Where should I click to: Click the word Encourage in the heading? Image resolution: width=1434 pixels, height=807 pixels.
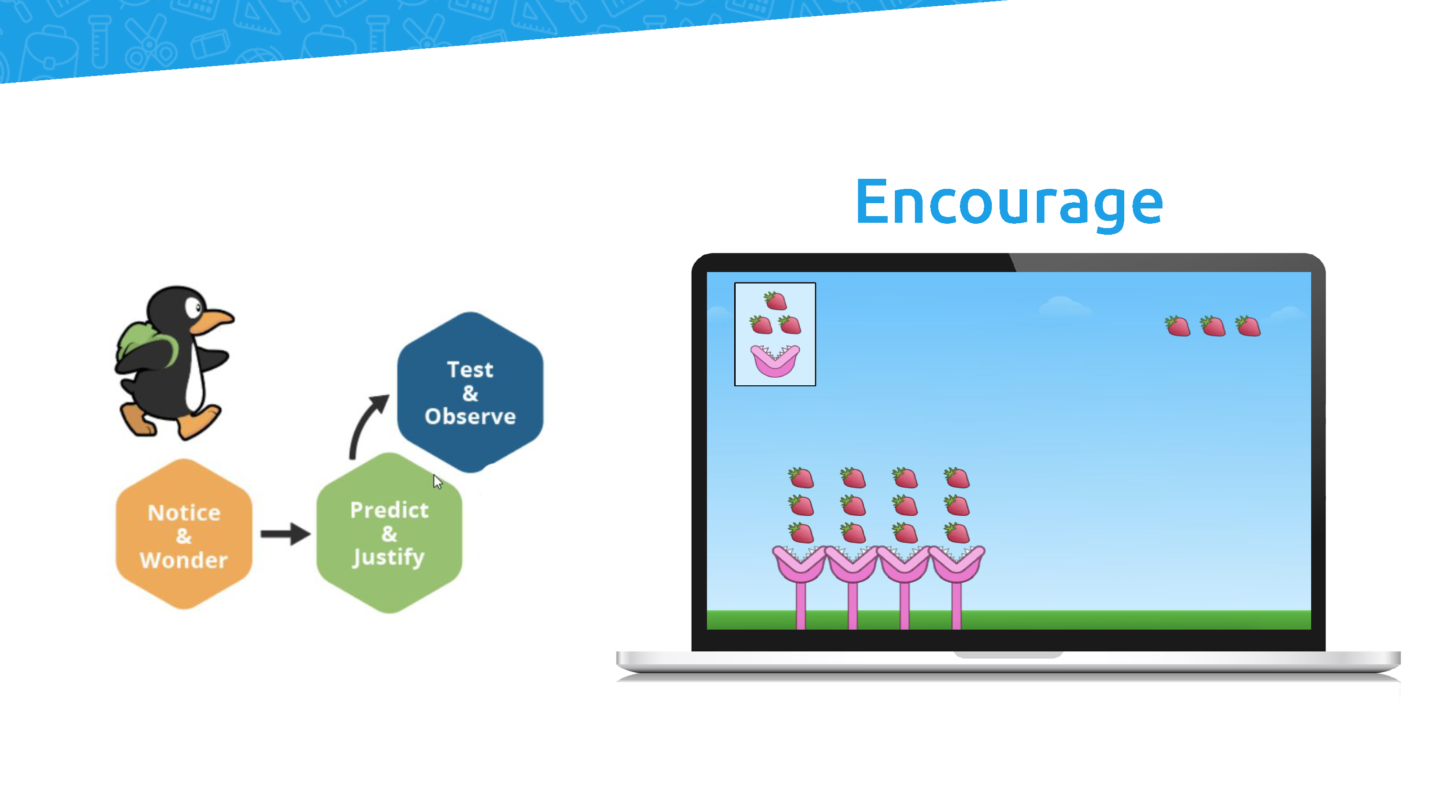click(1009, 203)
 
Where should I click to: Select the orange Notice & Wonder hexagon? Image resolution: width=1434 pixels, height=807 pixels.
click(184, 534)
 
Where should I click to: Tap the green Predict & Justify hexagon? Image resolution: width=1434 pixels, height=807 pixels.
click(389, 534)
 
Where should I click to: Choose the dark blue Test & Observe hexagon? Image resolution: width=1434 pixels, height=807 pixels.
click(470, 392)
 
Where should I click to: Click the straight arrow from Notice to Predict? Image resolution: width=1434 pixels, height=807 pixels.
click(285, 534)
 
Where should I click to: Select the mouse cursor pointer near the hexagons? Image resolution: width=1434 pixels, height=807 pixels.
click(437, 482)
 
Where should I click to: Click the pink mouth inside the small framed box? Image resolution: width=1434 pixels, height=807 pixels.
click(775, 360)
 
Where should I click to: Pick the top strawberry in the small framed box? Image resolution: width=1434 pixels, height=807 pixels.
click(775, 301)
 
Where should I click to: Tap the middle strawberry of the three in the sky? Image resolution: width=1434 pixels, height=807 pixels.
click(1213, 326)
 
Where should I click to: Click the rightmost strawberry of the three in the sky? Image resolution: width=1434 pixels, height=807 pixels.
click(1248, 326)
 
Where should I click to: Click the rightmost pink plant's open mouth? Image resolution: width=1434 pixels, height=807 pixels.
click(956, 563)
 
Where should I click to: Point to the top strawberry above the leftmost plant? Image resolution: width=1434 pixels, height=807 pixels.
click(801, 477)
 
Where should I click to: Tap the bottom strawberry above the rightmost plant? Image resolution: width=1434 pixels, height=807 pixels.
click(957, 533)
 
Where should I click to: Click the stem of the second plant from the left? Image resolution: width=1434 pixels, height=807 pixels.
click(852, 606)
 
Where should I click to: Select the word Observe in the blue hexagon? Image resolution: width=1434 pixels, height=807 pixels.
click(470, 416)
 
